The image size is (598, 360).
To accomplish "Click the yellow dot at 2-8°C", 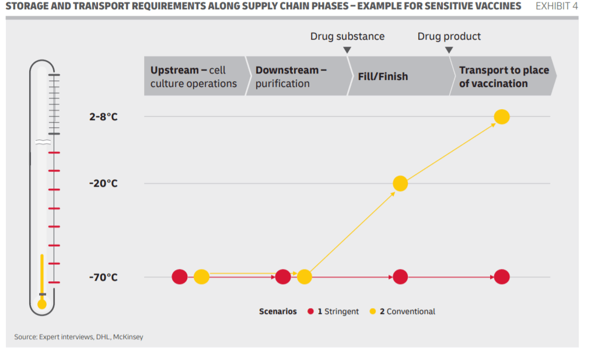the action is (x=502, y=117).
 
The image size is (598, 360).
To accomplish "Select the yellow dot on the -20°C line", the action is (x=400, y=183).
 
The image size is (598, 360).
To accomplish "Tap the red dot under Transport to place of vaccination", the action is (x=502, y=277).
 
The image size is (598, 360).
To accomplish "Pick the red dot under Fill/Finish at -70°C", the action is (x=400, y=277).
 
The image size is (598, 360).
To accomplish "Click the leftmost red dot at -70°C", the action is (x=180, y=277).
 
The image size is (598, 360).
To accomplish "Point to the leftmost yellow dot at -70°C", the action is (x=201, y=277).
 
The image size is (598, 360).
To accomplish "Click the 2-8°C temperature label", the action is (x=103, y=117).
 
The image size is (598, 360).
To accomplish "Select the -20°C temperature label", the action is (x=103, y=183).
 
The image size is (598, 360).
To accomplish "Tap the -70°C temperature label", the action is (x=103, y=277).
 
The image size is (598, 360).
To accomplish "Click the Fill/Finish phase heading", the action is (x=383, y=76).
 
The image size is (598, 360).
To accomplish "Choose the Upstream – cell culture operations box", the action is (x=196, y=76).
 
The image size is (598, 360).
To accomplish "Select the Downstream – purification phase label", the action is (x=291, y=76).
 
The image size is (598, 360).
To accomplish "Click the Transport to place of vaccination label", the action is (x=504, y=76).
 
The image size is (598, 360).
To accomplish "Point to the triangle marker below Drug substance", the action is (x=347, y=50).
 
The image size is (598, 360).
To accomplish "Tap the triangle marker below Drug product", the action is (x=449, y=50).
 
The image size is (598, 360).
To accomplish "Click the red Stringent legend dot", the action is (x=310, y=311).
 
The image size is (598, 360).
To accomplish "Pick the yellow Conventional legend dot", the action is (x=373, y=311).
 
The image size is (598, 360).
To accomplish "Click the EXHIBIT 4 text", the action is (x=557, y=6).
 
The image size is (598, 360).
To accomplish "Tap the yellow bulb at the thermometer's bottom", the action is (x=42, y=304).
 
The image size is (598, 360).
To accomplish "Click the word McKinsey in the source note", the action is (x=128, y=337).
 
